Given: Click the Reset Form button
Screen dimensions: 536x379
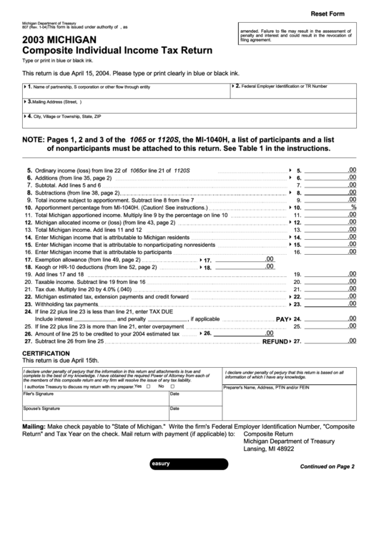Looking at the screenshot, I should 327,14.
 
